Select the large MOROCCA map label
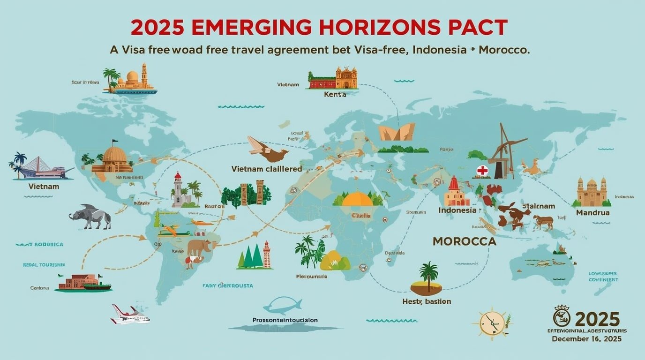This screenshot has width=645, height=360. tap(464, 241)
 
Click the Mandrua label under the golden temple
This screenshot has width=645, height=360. tap(592, 212)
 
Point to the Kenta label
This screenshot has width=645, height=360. tap(335, 94)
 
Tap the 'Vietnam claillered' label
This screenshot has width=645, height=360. tap(267, 169)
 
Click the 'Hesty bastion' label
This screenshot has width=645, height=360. tap(427, 301)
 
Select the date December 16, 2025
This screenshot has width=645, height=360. tap(586, 338)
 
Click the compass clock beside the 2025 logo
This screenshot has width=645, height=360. tap(492, 323)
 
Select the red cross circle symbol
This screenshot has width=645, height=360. tap(482, 171)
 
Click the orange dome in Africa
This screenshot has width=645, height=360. tap(357, 199)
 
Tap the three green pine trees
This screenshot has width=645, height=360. tap(251, 257)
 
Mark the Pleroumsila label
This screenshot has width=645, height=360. tap(312, 277)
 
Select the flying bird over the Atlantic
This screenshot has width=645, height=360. tap(267, 150)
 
